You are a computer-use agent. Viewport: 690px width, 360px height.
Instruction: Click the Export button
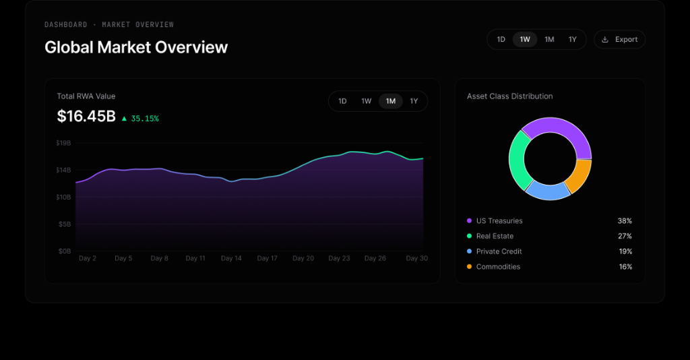pyautogui.click(x=619, y=40)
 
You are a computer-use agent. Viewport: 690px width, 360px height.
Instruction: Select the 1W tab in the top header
pyautogui.click(x=525, y=40)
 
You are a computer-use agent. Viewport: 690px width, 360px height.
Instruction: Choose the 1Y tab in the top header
pyautogui.click(x=573, y=40)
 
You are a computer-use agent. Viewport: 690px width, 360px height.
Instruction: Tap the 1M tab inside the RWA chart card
pyautogui.click(x=391, y=101)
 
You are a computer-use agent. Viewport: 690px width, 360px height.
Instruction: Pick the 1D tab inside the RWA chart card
pyautogui.click(x=342, y=101)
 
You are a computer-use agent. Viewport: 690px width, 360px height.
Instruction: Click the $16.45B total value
pyautogui.click(x=86, y=116)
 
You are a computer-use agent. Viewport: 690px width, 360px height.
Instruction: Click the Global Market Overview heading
pyautogui.click(x=136, y=47)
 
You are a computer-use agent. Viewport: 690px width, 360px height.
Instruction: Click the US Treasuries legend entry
pyautogui.click(x=495, y=221)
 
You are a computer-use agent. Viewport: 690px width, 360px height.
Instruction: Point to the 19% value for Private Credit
pyautogui.click(x=625, y=251)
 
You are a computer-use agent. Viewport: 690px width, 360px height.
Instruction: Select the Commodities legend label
pyautogui.click(x=498, y=267)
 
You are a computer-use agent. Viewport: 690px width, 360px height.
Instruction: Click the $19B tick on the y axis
pyautogui.click(x=63, y=143)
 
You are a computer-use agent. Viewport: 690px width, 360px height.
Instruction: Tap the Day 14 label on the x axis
pyautogui.click(x=231, y=258)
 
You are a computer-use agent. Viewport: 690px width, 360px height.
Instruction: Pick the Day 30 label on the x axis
pyautogui.click(x=416, y=258)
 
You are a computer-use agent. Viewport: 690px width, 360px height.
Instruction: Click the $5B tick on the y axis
pyautogui.click(x=65, y=224)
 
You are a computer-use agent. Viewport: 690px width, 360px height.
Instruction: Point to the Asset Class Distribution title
pyautogui.click(x=509, y=96)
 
